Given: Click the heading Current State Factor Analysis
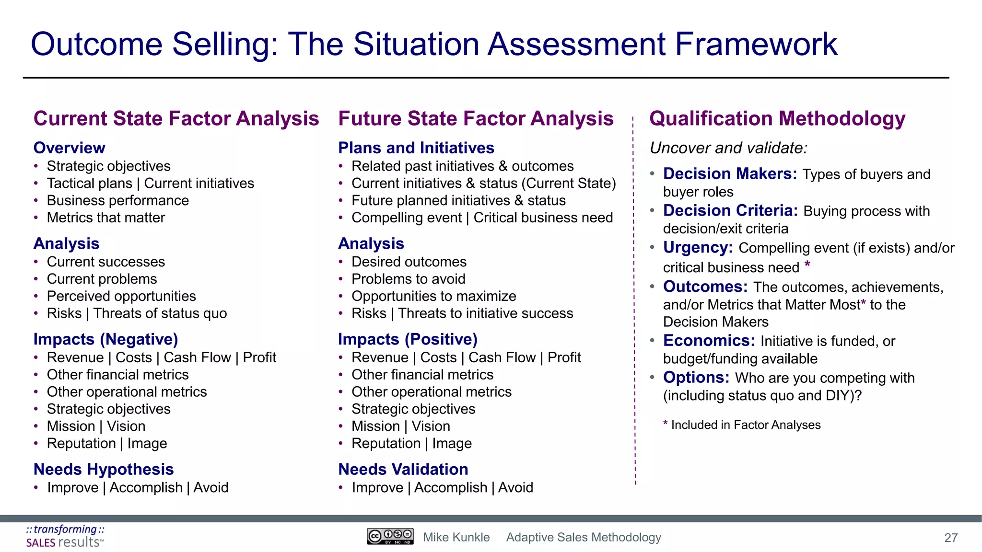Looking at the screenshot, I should tap(176, 118).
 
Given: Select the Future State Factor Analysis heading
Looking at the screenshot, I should tap(476, 118).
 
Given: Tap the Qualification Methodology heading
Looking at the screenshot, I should tap(777, 118).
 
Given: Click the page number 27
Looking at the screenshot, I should tap(951, 538).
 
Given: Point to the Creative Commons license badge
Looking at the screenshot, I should tap(390, 536).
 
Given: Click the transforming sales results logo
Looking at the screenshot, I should tap(65, 536).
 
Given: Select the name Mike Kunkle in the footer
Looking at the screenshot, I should tap(456, 537).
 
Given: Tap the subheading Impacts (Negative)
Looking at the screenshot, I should tap(105, 339).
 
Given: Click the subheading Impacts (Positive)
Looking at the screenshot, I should tap(408, 339).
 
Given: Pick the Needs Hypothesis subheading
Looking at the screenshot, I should tap(104, 469).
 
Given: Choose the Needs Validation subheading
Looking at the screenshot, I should tap(403, 469).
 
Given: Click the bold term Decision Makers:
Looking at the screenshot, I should tap(730, 173).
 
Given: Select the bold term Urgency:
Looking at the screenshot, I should tap(698, 247).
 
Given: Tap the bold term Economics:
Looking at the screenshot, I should tap(709, 340).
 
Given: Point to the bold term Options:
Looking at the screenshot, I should tap(696, 377).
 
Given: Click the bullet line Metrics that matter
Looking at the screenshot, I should tap(105, 218).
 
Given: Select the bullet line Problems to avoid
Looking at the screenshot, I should tap(408, 279).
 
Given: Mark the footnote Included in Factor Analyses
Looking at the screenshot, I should tap(745, 425).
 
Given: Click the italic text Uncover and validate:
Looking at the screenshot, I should tap(728, 148).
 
